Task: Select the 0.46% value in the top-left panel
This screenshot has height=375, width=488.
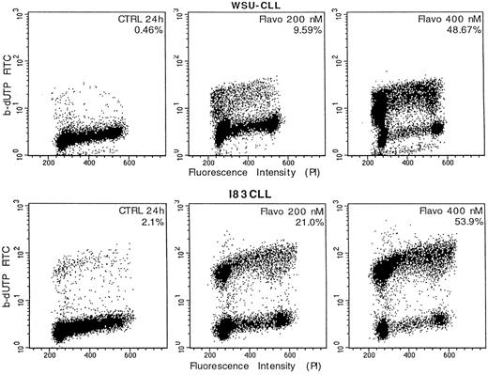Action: tap(138, 31)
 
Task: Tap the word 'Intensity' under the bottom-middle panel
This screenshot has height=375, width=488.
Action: tap(274, 361)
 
